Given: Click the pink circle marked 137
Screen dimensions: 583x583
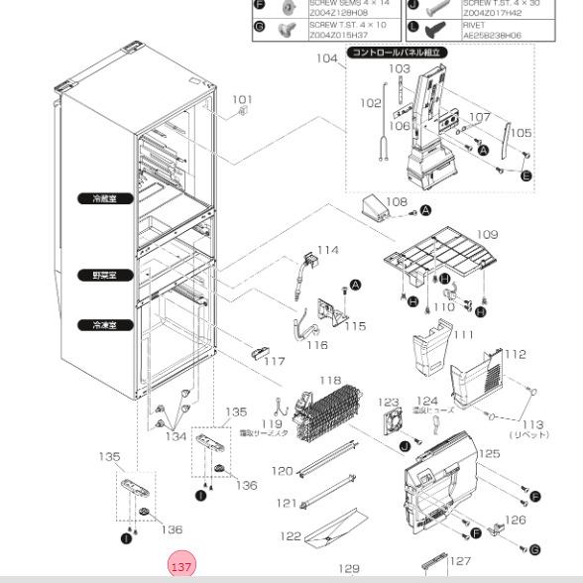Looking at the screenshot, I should click(x=181, y=567).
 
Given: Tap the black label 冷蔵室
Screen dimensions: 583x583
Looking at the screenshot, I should click(x=104, y=198).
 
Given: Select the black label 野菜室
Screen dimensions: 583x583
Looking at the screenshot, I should click(x=104, y=275).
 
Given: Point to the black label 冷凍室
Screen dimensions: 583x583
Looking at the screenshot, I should click(x=104, y=324).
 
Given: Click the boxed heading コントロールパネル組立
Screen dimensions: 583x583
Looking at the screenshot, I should click(x=396, y=54).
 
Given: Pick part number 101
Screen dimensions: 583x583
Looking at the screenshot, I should click(x=242, y=100).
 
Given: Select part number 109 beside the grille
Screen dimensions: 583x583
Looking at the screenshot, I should click(x=487, y=235).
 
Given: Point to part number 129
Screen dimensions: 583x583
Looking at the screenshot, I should click(x=349, y=568).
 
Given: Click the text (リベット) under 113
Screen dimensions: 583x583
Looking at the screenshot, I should click(x=530, y=434).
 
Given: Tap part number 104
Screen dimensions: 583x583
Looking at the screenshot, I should click(x=327, y=58).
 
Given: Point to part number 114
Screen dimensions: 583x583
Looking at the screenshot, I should click(x=327, y=251).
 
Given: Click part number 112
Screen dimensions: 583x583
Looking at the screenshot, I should click(x=515, y=354).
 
